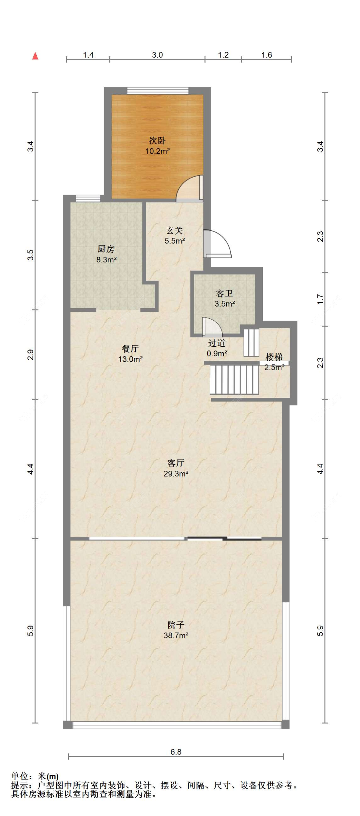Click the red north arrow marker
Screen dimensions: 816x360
coord(35,56)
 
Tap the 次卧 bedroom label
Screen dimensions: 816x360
coord(157,140)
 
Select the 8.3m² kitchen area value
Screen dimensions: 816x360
coord(106,260)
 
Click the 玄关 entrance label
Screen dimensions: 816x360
coord(174,230)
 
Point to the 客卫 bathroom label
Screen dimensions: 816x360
coord(224,293)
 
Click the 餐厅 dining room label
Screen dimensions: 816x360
coord(130,348)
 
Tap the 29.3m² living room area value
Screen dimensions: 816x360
coord(176,474)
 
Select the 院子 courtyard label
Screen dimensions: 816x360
coord(176,625)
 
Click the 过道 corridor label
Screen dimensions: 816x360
coord(217,343)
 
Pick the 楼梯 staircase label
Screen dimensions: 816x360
coord(274,357)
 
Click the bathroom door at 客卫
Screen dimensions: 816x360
coord(211,327)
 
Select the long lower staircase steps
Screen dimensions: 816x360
coord(234,380)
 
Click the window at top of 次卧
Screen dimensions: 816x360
coord(157,91)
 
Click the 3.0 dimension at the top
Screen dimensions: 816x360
coord(157,55)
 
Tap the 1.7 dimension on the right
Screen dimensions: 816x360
coord(320,299)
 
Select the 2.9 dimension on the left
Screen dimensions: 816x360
coord(30,355)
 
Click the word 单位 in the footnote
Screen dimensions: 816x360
coord(20,776)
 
